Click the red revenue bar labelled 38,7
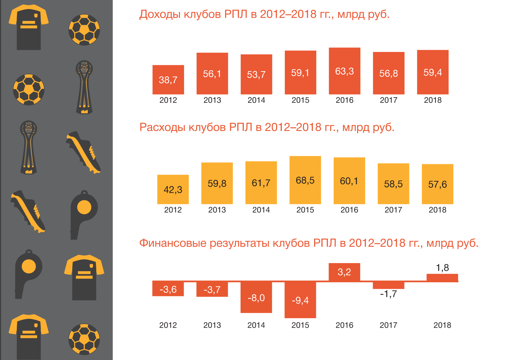(168, 79)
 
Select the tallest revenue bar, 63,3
(344, 71)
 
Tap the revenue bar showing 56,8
(388, 73)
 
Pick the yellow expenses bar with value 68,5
(305, 180)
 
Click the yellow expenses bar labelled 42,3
(173, 189)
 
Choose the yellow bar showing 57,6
(437, 184)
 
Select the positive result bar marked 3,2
(344, 272)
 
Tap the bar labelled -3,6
(168, 289)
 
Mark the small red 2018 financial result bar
(442, 278)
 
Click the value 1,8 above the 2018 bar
(442, 268)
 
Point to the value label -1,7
(388, 294)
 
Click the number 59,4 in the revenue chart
(433, 72)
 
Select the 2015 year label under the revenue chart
(300, 100)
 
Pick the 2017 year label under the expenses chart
(393, 210)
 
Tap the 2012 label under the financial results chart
(168, 325)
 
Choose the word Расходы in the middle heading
(162, 127)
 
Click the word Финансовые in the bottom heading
(173, 243)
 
